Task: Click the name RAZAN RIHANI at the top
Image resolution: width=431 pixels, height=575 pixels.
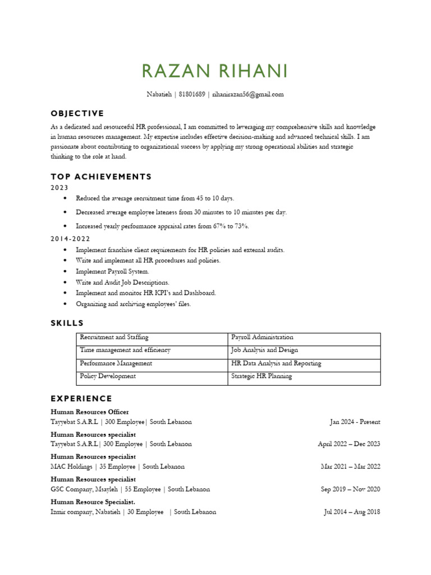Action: (215, 71)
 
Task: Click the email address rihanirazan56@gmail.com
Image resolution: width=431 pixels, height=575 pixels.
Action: (247, 94)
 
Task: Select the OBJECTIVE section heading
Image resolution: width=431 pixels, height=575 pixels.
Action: (77, 113)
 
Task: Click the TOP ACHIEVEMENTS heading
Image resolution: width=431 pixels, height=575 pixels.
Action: (101, 177)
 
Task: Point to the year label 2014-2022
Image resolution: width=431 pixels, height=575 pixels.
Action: (71, 239)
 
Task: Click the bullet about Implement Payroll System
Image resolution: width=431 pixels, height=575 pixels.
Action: (112, 271)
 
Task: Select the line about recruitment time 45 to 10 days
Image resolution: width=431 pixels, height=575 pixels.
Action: (155, 198)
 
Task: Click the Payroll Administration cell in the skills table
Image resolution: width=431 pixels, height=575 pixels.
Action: (262, 337)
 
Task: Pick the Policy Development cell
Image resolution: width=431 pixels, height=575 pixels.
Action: (108, 376)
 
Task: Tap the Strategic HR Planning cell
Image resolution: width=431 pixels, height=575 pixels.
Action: (262, 376)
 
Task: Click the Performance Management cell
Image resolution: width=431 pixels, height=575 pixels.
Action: (116, 363)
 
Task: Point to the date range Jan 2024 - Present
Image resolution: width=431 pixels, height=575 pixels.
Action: (355, 422)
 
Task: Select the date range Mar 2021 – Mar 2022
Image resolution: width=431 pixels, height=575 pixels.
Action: (350, 467)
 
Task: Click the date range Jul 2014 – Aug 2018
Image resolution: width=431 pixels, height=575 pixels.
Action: (352, 512)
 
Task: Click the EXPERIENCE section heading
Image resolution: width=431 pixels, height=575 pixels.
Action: (81, 399)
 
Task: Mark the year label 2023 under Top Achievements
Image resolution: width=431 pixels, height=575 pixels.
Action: (59, 188)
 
